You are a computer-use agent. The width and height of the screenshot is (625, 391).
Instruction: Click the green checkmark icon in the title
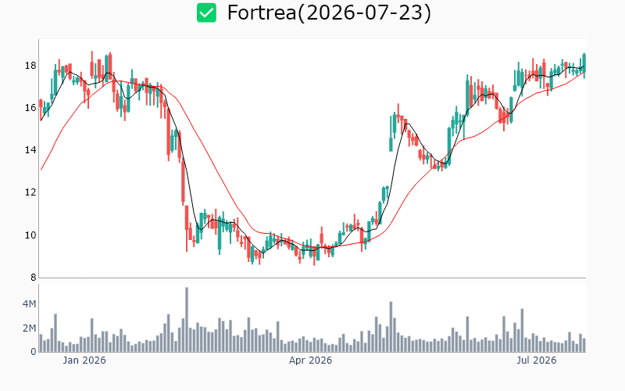[x=206, y=13]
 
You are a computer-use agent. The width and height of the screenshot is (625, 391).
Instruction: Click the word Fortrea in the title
[x=262, y=13]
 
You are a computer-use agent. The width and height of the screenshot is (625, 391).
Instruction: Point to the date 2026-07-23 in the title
[x=364, y=13]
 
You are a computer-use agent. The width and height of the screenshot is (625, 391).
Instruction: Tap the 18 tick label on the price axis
[x=30, y=66]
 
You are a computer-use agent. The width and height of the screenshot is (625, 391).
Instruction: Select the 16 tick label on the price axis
[x=30, y=108]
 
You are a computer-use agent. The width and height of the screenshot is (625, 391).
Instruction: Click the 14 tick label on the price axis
[x=30, y=150]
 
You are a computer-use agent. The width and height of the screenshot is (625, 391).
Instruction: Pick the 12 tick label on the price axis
[x=30, y=192]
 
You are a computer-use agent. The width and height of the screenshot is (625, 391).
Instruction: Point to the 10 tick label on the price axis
[x=30, y=235]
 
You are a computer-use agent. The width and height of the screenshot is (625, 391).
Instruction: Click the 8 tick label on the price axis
[x=33, y=278]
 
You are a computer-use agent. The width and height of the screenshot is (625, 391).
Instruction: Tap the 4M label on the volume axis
[x=29, y=304]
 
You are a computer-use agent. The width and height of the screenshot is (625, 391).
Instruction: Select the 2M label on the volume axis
[x=29, y=328]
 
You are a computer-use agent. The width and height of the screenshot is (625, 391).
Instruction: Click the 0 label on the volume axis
[x=34, y=352]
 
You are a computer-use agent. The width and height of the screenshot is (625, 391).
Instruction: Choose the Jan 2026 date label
[x=84, y=361]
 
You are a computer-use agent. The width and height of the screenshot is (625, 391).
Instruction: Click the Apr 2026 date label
[x=310, y=361]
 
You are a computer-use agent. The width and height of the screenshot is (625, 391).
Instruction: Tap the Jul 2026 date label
[x=537, y=361]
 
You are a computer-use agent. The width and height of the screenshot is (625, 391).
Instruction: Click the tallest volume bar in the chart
[x=187, y=320]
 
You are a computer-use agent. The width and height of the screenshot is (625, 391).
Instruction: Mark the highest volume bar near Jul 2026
[x=522, y=330]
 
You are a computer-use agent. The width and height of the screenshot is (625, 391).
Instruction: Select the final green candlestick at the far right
[x=584, y=63]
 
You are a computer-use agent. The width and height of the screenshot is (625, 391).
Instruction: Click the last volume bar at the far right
[x=584, y=345]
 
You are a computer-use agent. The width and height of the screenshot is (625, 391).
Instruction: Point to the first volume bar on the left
[x=41, y=343]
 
